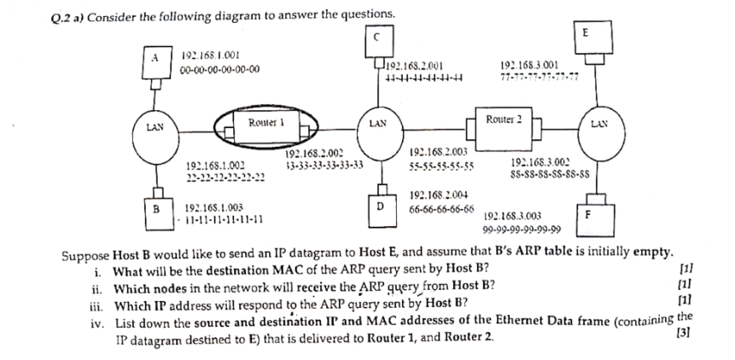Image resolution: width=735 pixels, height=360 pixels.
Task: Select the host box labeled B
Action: tap(155, 207)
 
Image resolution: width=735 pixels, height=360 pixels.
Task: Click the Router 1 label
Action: tap(265, 122)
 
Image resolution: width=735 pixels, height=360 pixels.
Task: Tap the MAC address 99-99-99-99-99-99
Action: tap(521, 229)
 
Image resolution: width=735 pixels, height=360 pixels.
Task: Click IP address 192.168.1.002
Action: tap(215, 165)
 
